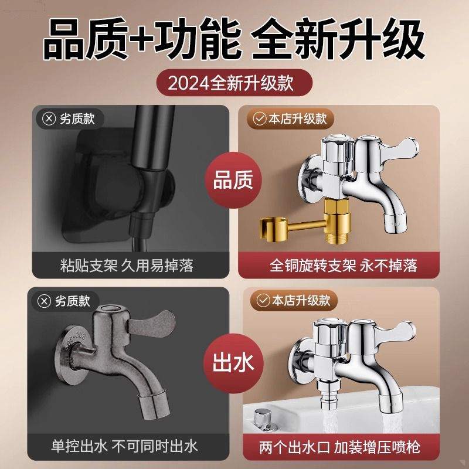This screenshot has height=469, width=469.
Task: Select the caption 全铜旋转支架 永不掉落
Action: click(344, 266)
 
